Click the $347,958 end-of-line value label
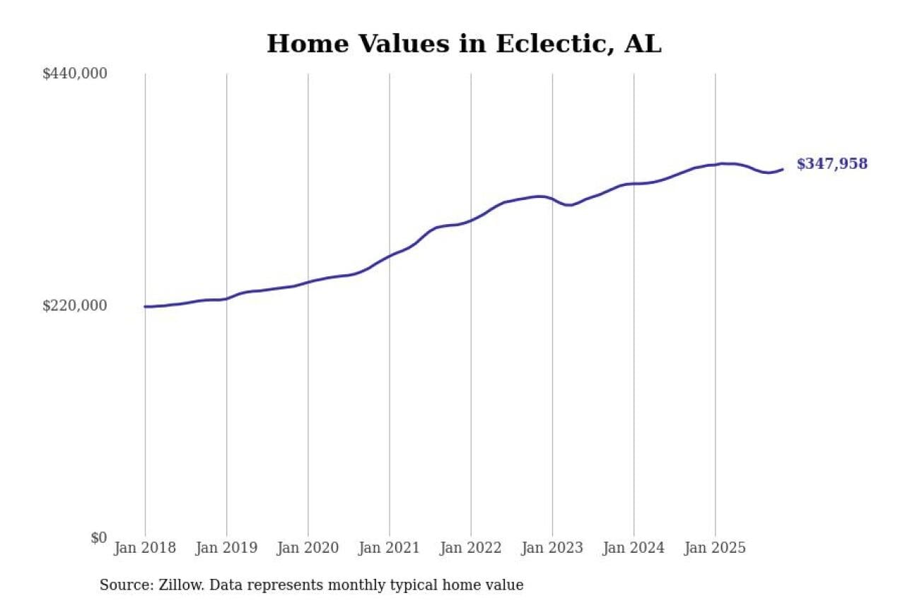pos(831,164)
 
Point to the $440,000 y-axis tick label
pos(75,74)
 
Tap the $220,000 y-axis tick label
pos(75,305)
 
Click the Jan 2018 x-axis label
pos(145,548)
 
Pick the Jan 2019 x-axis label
pos(226,548)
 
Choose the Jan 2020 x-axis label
pos(308,548)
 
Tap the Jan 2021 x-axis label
pos(389,548)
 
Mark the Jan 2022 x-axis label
pos(470,548)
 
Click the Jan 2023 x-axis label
pos(552,548)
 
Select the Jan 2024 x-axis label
pos(633,548)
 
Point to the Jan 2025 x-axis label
pos(715,548)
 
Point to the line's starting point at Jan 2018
pos(146,307)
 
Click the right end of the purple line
pos(783,169)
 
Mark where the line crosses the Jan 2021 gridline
pos(389,255)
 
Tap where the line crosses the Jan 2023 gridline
pos(552,199)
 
